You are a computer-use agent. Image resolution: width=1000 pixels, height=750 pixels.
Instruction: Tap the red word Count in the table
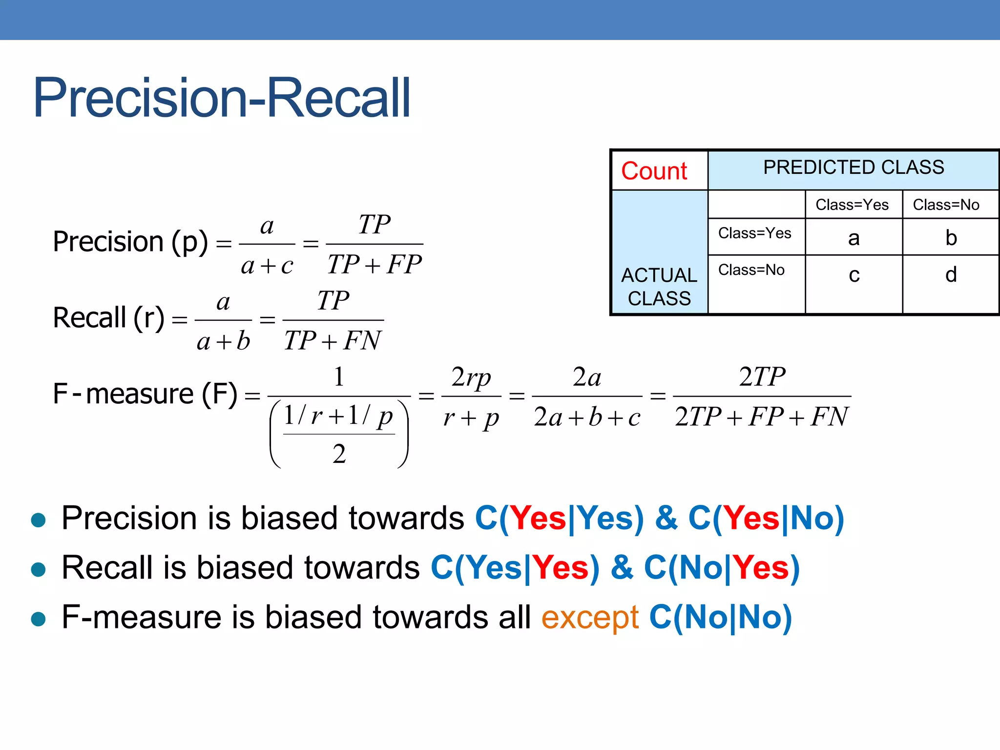tap(654, 171)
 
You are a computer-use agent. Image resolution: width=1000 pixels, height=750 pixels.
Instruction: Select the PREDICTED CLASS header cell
tap(854, 167)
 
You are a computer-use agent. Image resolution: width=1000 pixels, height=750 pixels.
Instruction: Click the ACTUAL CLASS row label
tap(659, 287)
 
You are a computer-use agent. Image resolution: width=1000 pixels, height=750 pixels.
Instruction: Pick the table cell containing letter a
tap(854, 238)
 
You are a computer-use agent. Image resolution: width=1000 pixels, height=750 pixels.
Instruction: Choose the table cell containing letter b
tap(951, 238)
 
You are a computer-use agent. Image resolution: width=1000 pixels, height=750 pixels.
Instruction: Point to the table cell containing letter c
tap(854, 275)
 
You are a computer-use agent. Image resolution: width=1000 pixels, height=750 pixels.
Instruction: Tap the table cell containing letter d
tap(951, 275)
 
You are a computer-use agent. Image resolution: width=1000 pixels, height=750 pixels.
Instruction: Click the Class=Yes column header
tap(852, 205)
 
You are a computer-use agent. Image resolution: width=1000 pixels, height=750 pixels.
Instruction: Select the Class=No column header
tap(946, 205)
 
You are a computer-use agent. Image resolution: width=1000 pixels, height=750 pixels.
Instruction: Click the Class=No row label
tap(751, 270)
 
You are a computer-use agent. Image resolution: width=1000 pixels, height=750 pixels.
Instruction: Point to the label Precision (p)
tap(130, 242)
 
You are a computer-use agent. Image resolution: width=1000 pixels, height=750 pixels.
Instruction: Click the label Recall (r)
tap(108, 318)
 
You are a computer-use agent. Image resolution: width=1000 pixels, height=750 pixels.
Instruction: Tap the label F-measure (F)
tap(145, 394)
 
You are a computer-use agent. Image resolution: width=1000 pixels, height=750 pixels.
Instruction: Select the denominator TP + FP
tap(375, 265)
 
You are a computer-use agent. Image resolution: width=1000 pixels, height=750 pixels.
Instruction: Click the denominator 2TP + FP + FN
tap(762, 417)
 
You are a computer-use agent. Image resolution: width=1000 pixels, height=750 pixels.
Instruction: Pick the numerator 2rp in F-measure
tap(471, 377)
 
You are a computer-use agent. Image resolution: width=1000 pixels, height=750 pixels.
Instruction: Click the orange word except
tap(590, 617)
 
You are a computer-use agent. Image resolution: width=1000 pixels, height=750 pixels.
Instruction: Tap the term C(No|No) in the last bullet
tap(720, 617)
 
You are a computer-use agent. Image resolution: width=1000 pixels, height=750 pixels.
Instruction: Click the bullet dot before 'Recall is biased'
tap(38, 569)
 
